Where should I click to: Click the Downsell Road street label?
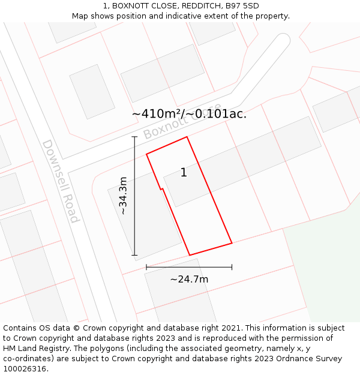[x=60, y=181]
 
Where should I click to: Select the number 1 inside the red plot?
[x=184, y=173]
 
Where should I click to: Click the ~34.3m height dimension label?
[x=123, y=196]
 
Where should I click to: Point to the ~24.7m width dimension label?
[x=189, y=279]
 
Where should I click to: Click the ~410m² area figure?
[x=157, y=113]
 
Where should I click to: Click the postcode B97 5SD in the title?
[x=242, y=6]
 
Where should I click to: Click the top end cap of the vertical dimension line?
[x=134, y=137]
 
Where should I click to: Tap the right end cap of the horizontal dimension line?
[x=232, y=267]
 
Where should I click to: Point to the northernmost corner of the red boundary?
[x=187, y=137]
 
